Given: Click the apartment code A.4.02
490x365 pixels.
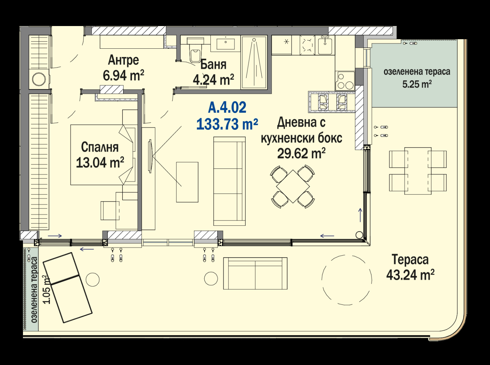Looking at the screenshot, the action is click(x=227, y=107).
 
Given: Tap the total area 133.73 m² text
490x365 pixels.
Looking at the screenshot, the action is click(x=227, y=124).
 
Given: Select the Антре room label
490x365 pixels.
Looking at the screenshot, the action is click(x=123, y=60).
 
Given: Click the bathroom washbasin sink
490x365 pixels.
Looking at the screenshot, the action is click(x=225, y=44).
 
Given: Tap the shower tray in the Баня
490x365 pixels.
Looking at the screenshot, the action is click(x=254, y=63).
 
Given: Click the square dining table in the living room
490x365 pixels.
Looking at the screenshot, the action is click(x=293, y=186).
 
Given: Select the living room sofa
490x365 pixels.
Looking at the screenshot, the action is click(x=229, y=181).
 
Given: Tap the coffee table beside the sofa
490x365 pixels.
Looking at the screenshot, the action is click(x=187, y=182).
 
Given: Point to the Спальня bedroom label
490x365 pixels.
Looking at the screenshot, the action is click(x=100, y=147).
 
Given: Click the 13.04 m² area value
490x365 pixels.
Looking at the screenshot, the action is click(x=100, y=163).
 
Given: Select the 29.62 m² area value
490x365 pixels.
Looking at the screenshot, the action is click(x=301, y=153).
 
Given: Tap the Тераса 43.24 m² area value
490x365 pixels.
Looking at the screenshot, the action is click(x=410, y=275).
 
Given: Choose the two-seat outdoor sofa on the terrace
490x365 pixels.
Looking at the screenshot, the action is click(x=255, y=273).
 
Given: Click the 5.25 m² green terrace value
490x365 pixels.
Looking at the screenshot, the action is click(x=417, y=84).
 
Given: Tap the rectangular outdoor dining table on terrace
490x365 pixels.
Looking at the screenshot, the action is click(x=418, y=171).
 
